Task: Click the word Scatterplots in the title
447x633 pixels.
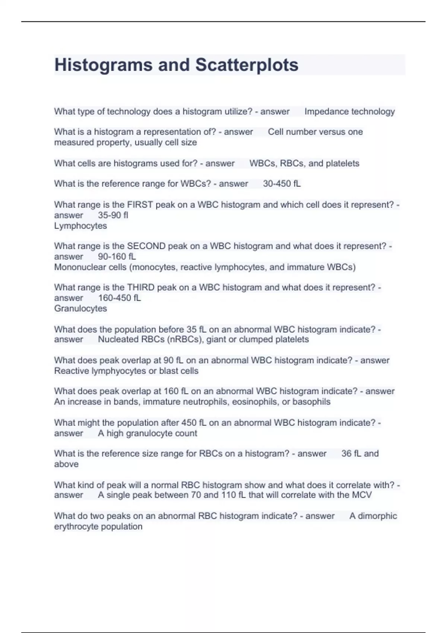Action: (247, 65)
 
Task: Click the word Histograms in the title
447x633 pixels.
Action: (104, 65)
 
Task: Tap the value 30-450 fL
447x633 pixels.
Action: (282, 184)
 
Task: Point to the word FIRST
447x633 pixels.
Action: (140, 205)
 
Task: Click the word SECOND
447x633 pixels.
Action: (146, 246)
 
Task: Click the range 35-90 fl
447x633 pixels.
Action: (113, 215)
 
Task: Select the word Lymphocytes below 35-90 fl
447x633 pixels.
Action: (80, 226)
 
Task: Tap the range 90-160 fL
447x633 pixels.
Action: (117, 257)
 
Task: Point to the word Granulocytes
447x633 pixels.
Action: (80, 308)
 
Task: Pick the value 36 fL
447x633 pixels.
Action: (351, 454)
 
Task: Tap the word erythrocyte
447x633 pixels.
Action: (74, 527)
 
